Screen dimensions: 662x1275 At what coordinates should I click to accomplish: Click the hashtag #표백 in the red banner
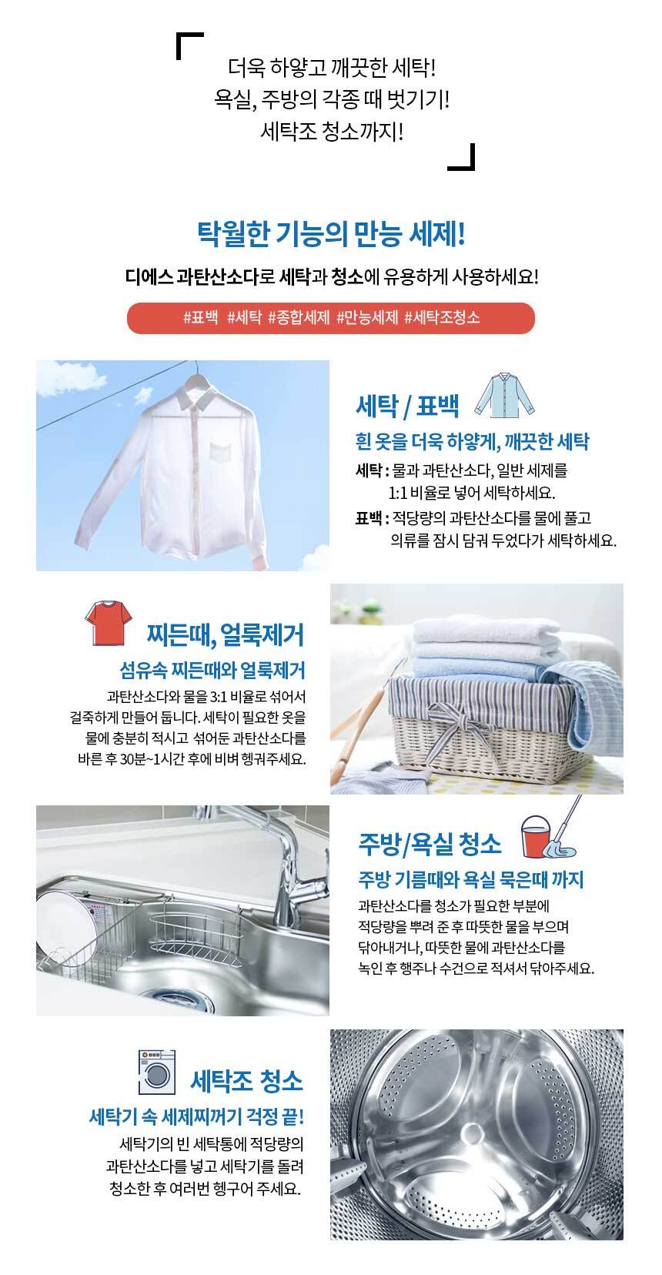click(x=200, y=317)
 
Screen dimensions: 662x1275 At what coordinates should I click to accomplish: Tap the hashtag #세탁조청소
click(x=442, y=317)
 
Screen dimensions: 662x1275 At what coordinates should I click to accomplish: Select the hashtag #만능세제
click(x=366, y=317)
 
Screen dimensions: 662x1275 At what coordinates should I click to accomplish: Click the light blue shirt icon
click(x=504, y=394)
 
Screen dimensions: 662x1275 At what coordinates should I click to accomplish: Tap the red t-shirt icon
click(x=108, y=622)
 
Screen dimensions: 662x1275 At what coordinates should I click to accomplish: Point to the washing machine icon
click(x=157, y=1073)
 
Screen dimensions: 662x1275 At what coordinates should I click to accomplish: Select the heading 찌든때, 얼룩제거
click(x=226, y=634)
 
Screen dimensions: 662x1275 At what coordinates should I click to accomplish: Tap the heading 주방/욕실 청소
click(x=430, y=844)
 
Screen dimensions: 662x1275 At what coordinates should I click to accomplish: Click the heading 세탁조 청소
click(x=246, y=1080)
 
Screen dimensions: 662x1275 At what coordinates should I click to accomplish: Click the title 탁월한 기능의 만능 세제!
click(x=331, y=234)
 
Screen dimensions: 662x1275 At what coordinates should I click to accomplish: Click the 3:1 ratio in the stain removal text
click(x=219, y=696)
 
